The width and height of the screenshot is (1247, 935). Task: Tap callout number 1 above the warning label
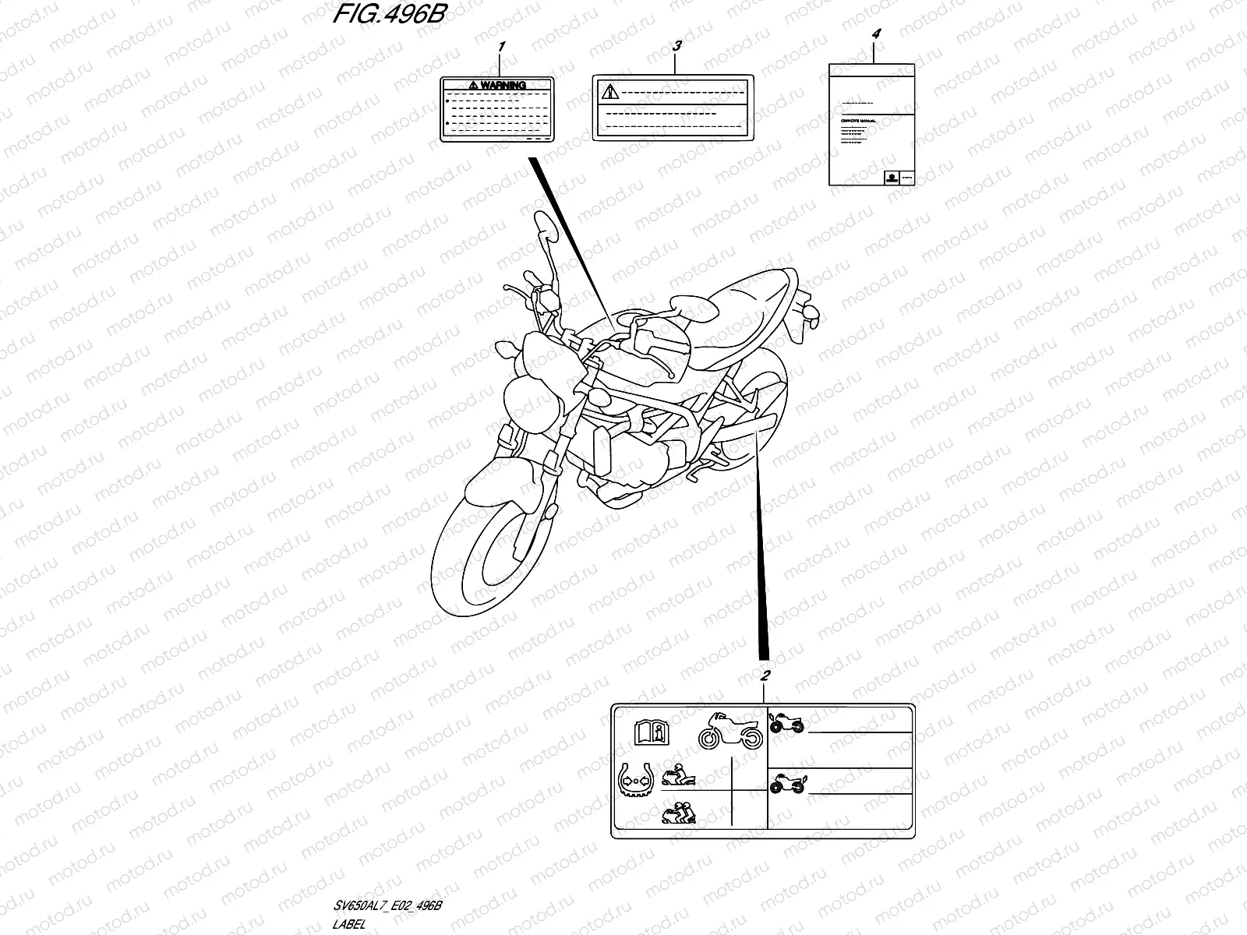(x=501, y=48)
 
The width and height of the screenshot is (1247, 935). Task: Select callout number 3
(x=676, y=47)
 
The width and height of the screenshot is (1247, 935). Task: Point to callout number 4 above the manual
(x=876, y=34)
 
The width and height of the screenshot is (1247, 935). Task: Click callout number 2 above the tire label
(x=765, y=675)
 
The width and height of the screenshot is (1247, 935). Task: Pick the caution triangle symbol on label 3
(x=609, y=92)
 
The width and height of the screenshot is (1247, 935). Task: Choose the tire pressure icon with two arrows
(x=634, y=779)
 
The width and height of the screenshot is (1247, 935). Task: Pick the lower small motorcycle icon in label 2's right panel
(x=787, y=785)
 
